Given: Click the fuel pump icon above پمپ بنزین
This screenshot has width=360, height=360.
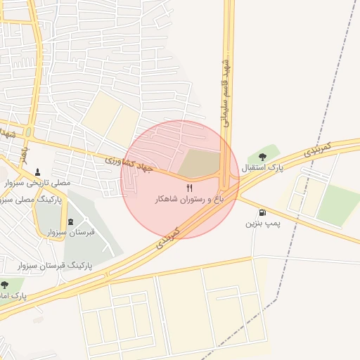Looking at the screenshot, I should (x=262, y=212).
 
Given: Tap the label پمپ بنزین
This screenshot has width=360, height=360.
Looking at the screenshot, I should (x=262, y=224).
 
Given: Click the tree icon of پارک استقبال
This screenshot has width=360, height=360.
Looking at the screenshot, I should (x=263, y=157).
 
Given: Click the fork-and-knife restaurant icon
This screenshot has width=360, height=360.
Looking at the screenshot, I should (x=188, y=188).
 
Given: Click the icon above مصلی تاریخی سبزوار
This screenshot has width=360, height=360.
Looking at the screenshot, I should (x=37, y=172).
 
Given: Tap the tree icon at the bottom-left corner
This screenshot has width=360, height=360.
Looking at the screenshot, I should (x=5, y=285).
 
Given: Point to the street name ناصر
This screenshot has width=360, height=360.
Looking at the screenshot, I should (x=24, y=153).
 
